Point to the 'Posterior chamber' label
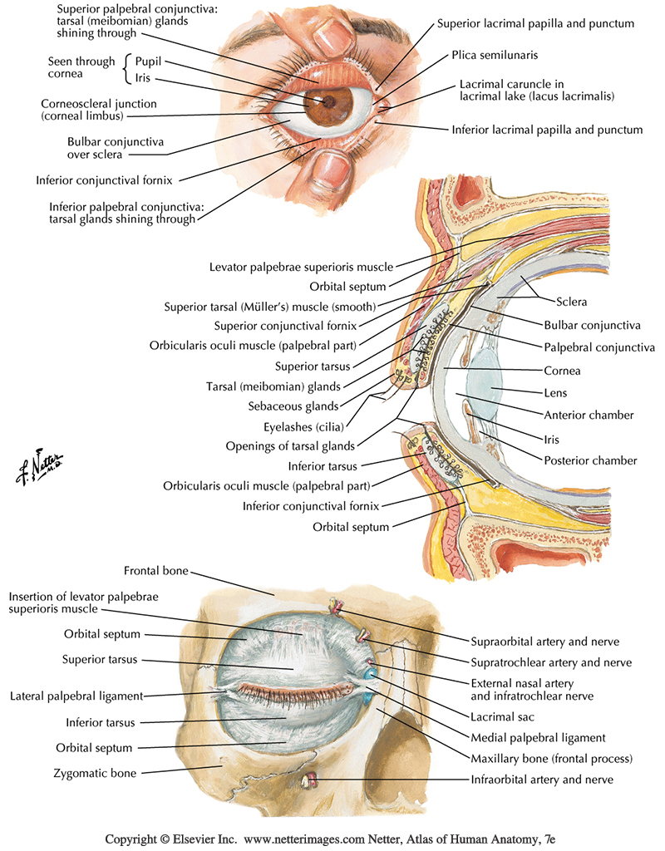point(591,460)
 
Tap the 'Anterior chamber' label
point(589,415)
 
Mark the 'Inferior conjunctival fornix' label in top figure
point(107,180)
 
